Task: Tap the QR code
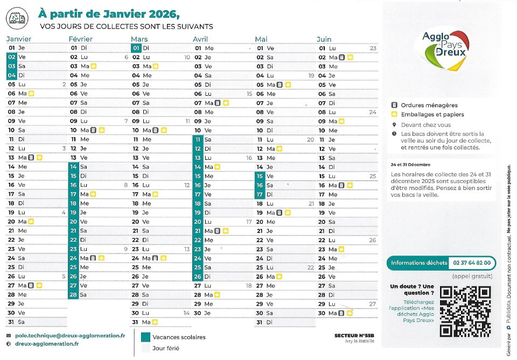pos(465,311)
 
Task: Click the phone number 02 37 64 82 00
pos(472,263)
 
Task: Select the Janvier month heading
pos(19,39)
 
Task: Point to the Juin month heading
pos(324,39)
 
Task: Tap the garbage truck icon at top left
pos(17,19)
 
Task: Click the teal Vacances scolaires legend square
pos(144,337)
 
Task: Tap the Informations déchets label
pos(419,263)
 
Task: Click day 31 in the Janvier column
pos(11,322)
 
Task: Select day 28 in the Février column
pos(73,294)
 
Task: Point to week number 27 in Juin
pos(372,304)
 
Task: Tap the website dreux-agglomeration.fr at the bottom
pos(47,344)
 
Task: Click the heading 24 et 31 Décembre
pos(411,164)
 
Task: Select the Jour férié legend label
pos(166,348)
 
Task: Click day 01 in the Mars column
pos(136,48)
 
